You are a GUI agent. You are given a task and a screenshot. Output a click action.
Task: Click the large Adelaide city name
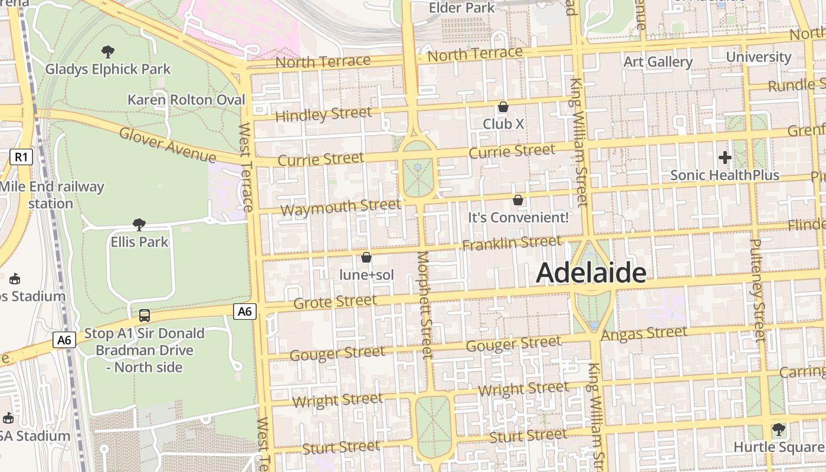click(x=591, y=273)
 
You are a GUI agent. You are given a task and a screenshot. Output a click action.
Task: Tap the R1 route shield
click(x=21, y=157)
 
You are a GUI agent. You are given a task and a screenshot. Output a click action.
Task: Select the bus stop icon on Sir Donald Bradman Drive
click(x=144, y=316)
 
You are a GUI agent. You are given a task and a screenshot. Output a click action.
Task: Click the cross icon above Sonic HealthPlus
click(x=725, y=158)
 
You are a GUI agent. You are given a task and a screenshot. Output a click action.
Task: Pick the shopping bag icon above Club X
click(x=503, y=107)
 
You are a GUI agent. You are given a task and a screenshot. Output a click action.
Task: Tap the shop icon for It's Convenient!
click(x=518, y=200)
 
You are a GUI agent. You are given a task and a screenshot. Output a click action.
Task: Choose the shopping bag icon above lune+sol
click(x=366, y=257)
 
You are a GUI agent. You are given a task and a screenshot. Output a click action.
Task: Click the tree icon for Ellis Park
click(x=139, y=224)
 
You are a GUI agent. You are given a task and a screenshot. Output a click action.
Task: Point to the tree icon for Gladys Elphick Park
click(x=108, y=51)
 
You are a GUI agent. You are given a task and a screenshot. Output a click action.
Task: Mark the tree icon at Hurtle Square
click(x=778, y=429)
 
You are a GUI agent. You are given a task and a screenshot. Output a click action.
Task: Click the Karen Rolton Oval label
click(x=186, y=100)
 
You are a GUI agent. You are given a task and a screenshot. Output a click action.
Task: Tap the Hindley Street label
click(x=323, y=114)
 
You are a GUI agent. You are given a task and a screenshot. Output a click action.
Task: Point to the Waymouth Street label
click(x=340, y=207)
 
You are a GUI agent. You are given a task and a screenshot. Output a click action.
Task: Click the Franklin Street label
click(x=512, y=242)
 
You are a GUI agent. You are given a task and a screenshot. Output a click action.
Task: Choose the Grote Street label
click(x=335, y=302)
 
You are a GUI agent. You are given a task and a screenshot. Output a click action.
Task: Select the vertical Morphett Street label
click(x=425, y=304)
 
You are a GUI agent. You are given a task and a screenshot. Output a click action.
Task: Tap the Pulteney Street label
click(x=758, y=289)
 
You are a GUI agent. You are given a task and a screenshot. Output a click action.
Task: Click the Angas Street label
click(x=644, y=334)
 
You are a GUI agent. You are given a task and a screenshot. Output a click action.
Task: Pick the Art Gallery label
click(x=658, y=62)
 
